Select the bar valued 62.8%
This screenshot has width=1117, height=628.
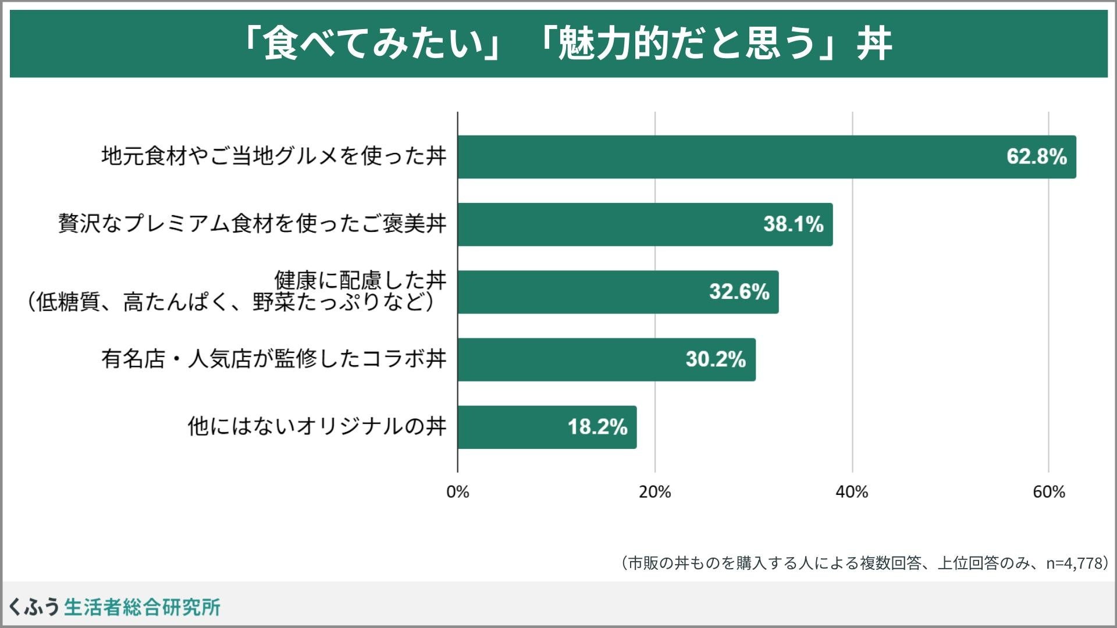point(767,157)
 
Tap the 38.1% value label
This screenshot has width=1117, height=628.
point(793,224)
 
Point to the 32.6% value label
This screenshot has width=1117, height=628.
point(739,291)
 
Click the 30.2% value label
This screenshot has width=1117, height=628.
point(716,359)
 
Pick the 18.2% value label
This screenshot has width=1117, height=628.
point(597,427)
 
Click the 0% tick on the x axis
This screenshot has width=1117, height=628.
point(457,492)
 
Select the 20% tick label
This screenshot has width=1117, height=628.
point(654,492)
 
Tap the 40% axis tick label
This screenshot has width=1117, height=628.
point(852,492)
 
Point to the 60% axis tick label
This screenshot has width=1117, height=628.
point(1049,492)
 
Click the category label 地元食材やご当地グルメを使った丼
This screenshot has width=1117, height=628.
point(274,156)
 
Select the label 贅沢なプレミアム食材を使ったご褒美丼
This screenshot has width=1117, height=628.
point(252,224)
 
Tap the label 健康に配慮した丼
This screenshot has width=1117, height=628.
point(361,280)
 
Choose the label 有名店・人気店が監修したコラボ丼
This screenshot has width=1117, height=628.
point(274,359)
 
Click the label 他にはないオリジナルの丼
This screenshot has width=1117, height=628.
point(317,426)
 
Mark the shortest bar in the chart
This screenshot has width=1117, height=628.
point(547,427)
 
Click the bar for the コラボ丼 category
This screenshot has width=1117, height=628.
point(607,360)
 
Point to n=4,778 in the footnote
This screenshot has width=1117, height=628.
point(1075,563)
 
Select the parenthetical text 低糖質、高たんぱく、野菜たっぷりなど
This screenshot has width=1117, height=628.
point(231,302)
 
